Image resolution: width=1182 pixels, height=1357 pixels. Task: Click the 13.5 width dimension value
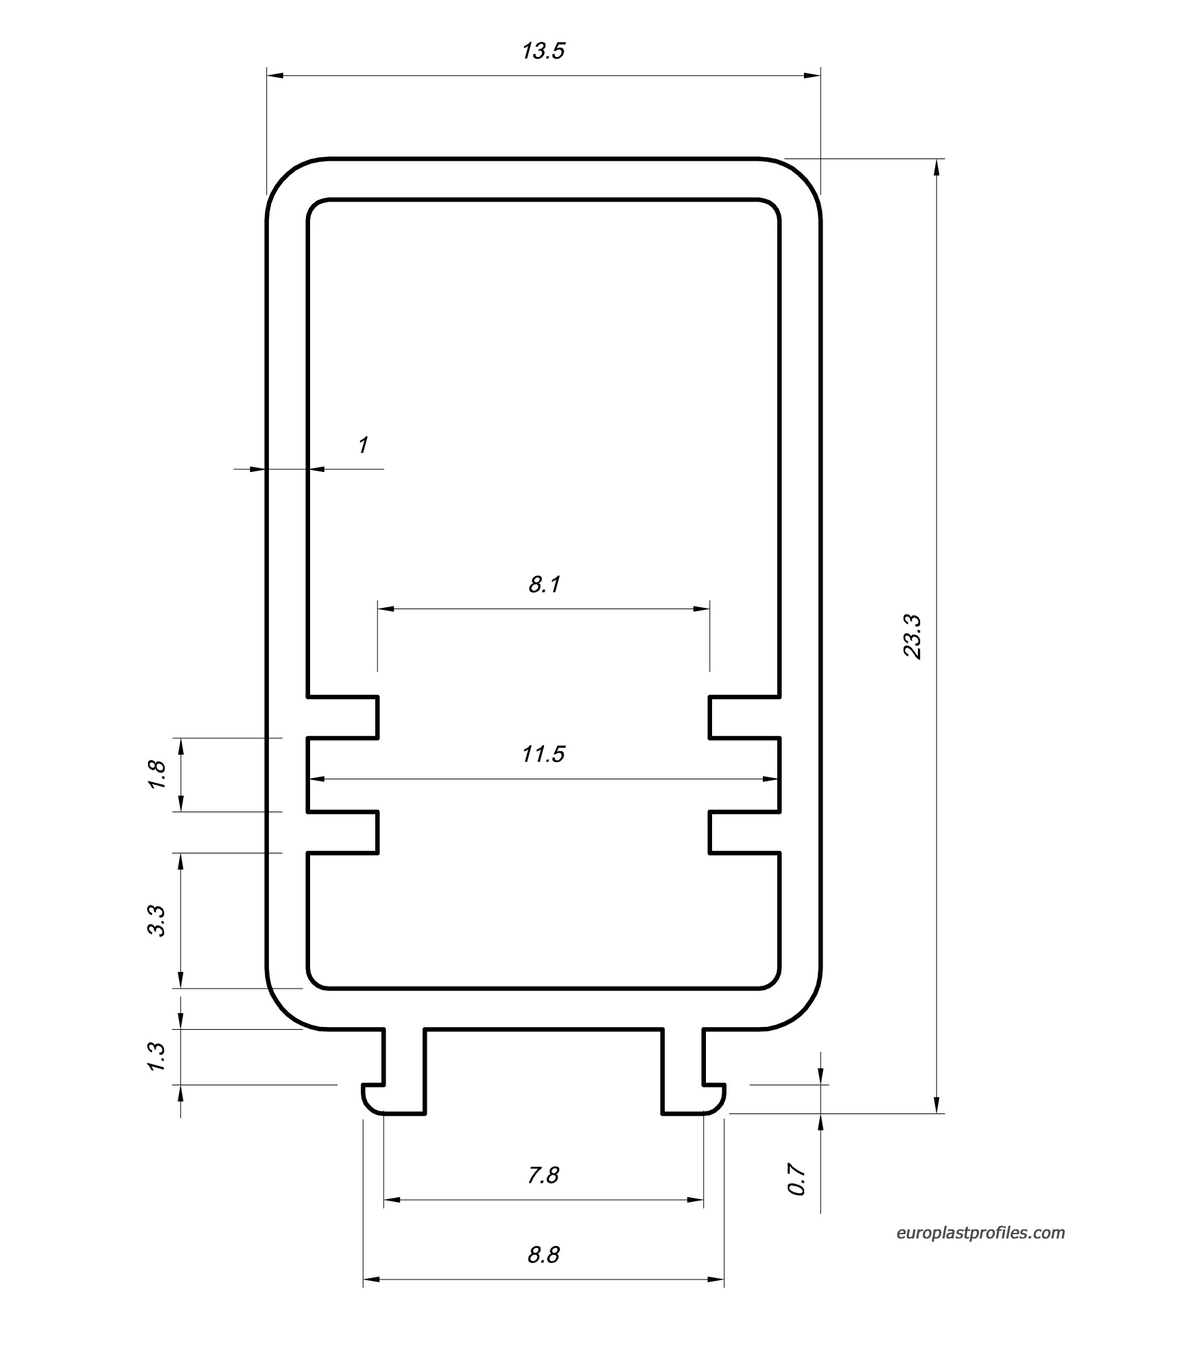click(x=543, y=51)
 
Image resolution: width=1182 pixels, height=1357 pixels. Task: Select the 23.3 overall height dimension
click(x=912, y=637)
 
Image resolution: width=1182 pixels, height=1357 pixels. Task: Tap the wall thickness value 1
click(x=364, y=445)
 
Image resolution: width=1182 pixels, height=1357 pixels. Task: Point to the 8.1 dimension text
click(x=545, y=585)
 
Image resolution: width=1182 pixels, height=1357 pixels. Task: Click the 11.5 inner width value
click(x=543, y=754)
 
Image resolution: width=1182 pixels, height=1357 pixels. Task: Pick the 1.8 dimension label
click(x=157, y=775)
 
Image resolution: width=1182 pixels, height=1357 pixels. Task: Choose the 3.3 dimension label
click(x=157, y=921)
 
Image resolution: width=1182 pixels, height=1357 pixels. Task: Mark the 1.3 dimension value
click(x=157, y=1056)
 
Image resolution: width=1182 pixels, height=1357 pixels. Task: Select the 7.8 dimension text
click(x=543, y=1175)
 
